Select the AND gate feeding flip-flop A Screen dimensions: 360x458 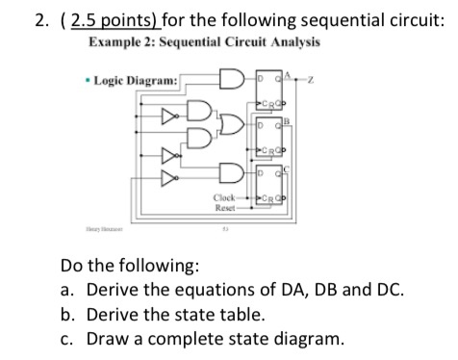click(231, 78)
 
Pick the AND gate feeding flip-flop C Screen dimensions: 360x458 click(231, 173)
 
